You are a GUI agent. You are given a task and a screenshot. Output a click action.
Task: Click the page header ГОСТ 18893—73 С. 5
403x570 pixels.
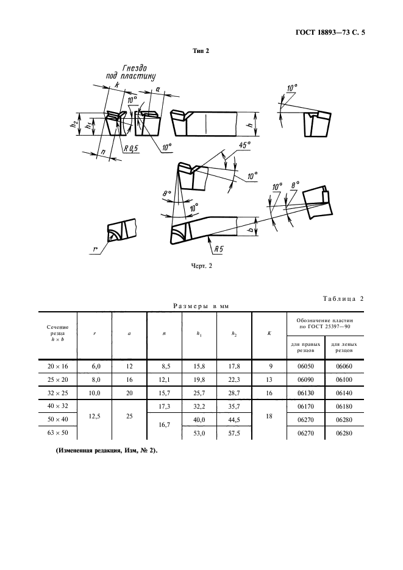(330, 32)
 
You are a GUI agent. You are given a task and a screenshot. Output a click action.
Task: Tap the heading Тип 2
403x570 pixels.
(201, 51)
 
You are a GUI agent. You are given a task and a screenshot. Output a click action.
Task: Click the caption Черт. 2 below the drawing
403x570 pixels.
(201, 266)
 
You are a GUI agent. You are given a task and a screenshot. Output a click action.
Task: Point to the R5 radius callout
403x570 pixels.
(218, 250)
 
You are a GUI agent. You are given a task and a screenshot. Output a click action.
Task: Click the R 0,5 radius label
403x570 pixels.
(131, 149)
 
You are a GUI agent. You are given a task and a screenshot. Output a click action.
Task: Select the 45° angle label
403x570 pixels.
(244, 145)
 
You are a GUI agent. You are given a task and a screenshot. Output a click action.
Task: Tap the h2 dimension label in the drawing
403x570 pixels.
(74, 124)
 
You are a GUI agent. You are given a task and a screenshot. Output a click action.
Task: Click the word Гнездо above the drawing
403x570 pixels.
(134, 68)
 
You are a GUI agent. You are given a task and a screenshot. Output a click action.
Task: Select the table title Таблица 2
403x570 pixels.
(343, 299)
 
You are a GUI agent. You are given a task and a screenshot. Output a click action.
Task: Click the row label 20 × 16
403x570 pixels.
(57, 366)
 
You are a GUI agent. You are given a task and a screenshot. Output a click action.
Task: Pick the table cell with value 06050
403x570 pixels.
(305, 366)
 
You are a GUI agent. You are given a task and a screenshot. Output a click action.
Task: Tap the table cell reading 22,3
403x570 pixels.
(234, 379)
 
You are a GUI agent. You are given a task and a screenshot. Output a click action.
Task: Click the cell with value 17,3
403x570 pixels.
(165, 406)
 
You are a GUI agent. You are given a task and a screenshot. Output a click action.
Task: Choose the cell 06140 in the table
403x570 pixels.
(344, 393)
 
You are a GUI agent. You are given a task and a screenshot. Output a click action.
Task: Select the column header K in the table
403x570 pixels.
(269, 333)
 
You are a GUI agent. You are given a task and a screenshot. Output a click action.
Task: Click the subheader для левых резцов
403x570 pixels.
(344, 347)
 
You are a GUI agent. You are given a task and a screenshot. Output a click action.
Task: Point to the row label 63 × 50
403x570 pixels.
(57, 433)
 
